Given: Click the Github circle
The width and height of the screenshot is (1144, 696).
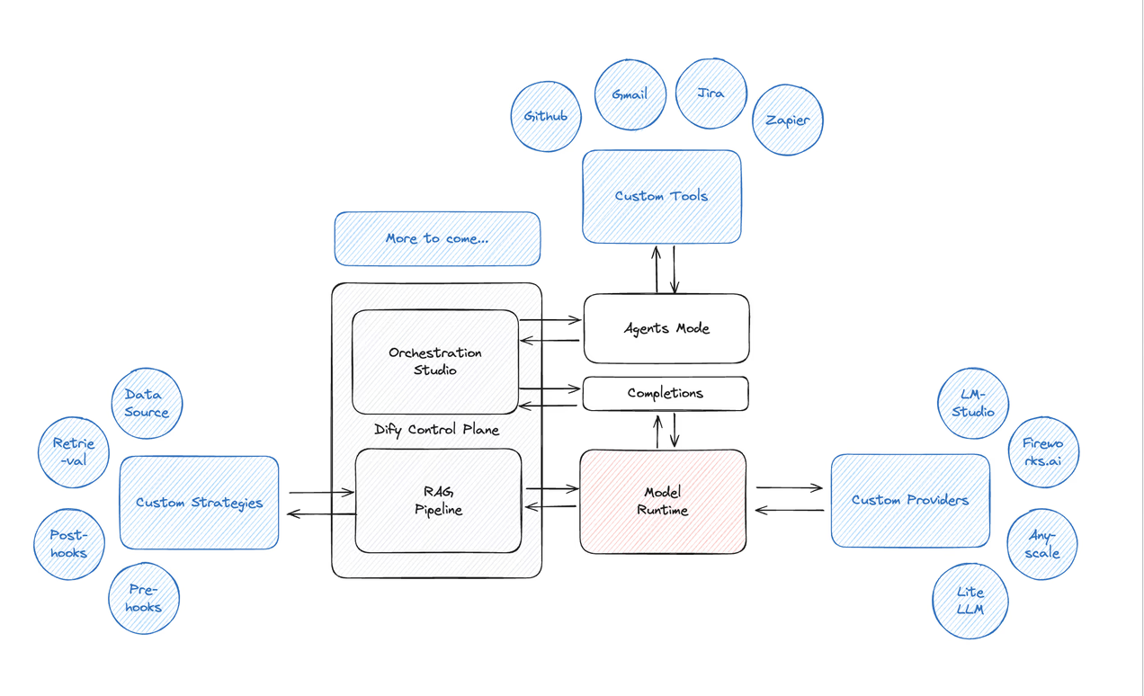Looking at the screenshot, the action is click(546, 116).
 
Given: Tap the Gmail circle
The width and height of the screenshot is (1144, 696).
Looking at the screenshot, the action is click(630, 94).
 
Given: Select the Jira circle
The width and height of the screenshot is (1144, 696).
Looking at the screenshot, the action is click(711, 94).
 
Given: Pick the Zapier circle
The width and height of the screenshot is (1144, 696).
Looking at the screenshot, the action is click(788, 120).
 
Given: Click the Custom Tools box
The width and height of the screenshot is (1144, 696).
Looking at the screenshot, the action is click(661, 197).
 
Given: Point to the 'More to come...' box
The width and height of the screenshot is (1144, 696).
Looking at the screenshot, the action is click(437, 239).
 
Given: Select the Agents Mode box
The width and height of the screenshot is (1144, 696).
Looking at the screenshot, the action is click(666, 328).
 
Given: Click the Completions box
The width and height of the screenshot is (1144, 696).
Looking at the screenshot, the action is click(666, 393).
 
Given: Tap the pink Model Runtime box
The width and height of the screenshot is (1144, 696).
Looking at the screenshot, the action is click(663, 502).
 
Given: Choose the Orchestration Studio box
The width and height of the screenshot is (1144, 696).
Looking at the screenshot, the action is click(435, 361).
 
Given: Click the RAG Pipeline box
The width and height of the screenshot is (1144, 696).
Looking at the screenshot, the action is click(438, 501).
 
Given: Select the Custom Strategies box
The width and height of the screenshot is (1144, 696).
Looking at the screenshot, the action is click(199, 503).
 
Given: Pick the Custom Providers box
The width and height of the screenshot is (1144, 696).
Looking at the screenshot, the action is click(910, 501).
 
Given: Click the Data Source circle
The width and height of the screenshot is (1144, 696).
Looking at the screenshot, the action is click(147, 404).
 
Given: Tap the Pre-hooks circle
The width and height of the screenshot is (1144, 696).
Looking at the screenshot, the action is click(144, 599).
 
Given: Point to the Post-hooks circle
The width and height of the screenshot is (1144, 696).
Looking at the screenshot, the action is click(69, 544).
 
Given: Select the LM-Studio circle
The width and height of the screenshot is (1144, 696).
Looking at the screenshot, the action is click(973, 404).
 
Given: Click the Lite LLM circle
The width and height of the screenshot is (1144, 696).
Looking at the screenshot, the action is click(970, 601).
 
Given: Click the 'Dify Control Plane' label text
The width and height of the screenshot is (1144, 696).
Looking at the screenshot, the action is click(437, 430).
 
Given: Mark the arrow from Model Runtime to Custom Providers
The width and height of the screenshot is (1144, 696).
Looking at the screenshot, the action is click(789, 488).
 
